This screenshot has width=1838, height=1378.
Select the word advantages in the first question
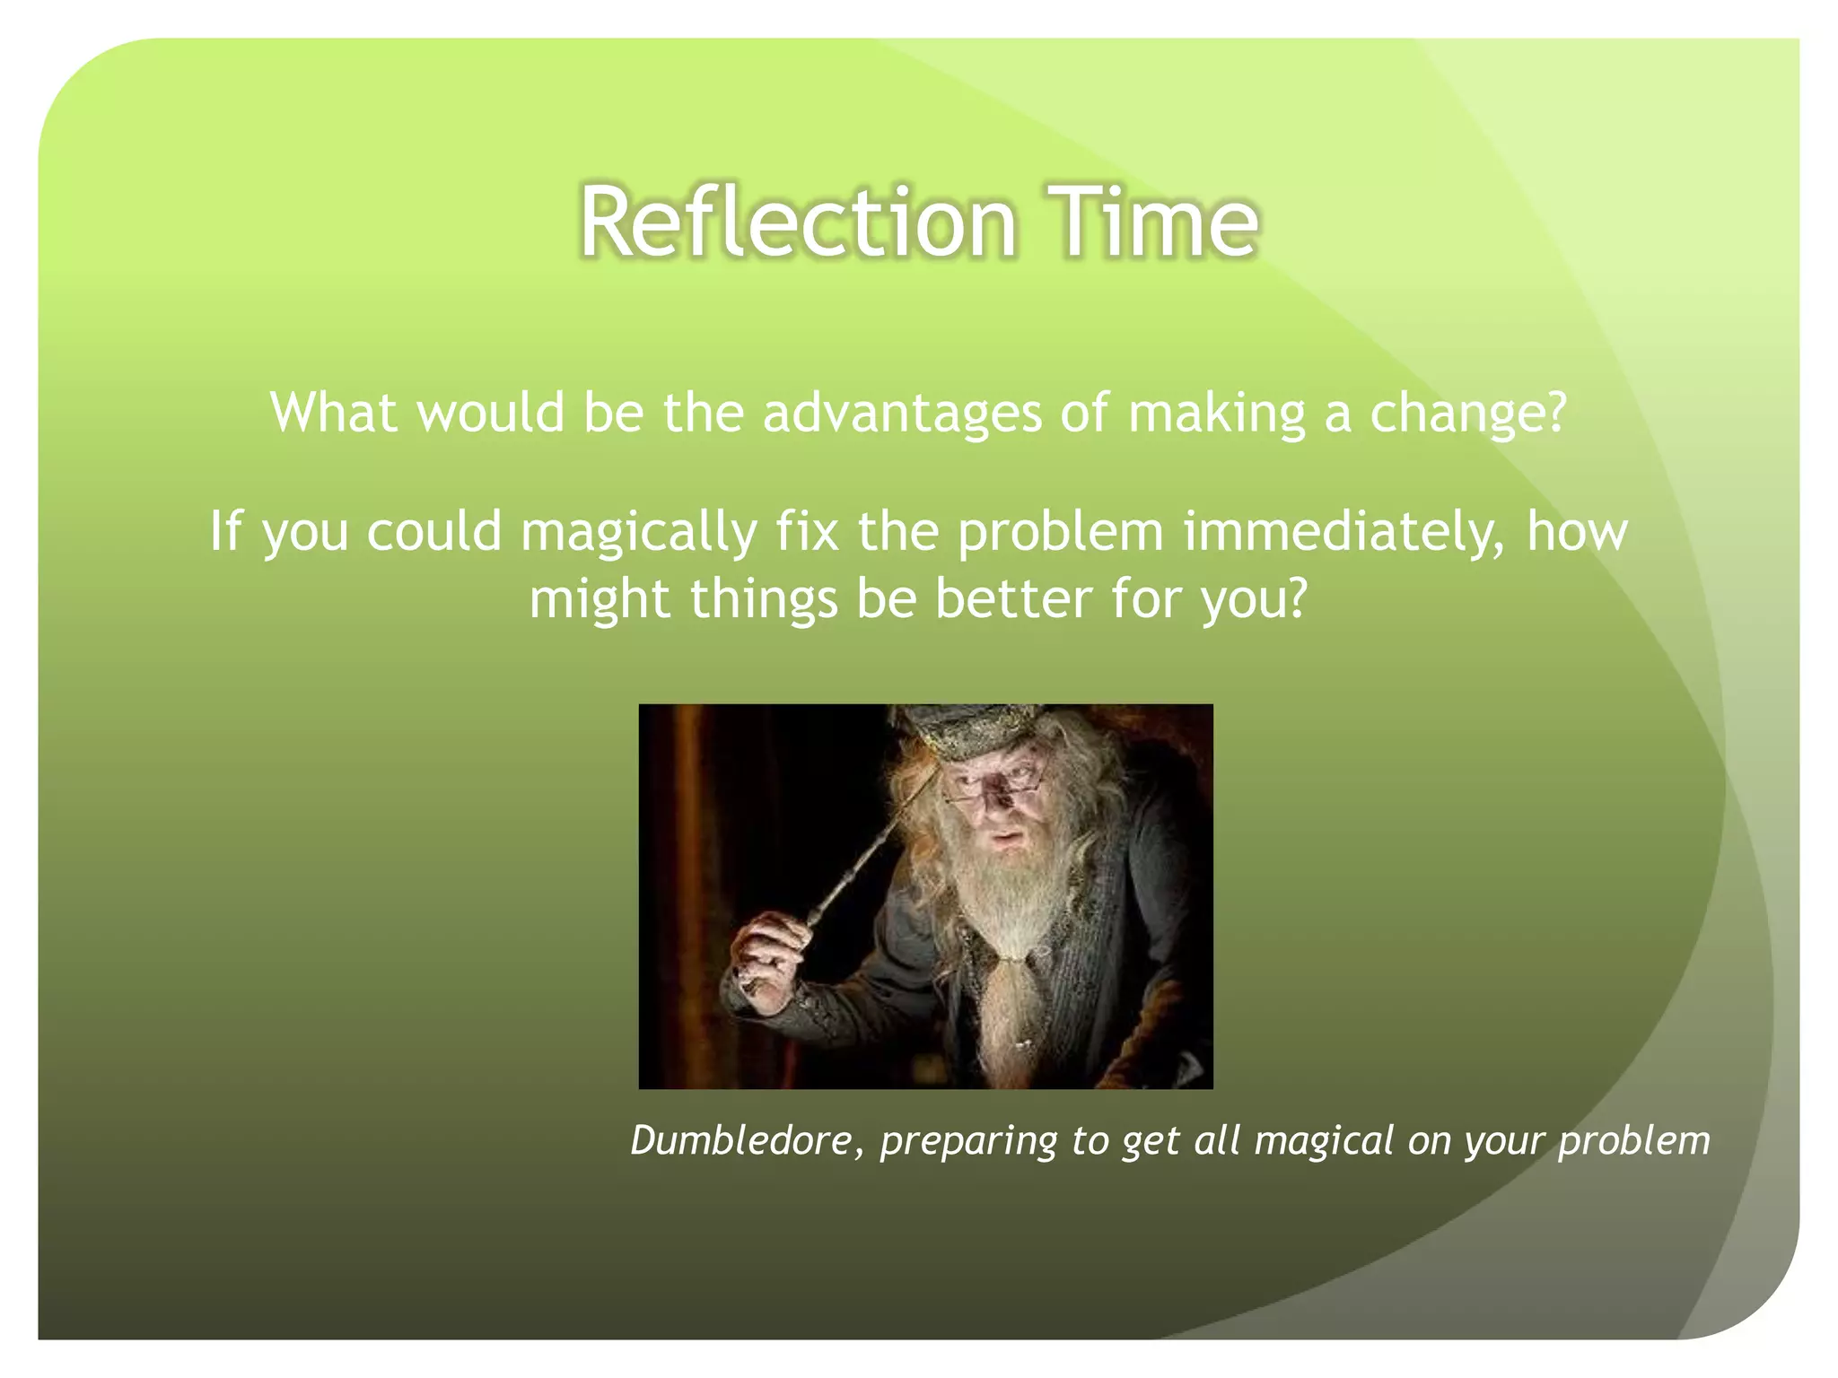(902, 414)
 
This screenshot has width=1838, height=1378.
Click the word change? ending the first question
(1467, 414)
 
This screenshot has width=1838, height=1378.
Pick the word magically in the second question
(639, 532)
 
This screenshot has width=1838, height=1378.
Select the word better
(1013, 598)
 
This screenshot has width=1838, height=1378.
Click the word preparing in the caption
(968, 1142)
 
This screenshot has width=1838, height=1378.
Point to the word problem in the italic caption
(1633, 1142)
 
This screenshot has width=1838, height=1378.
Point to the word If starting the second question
(225, 532)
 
